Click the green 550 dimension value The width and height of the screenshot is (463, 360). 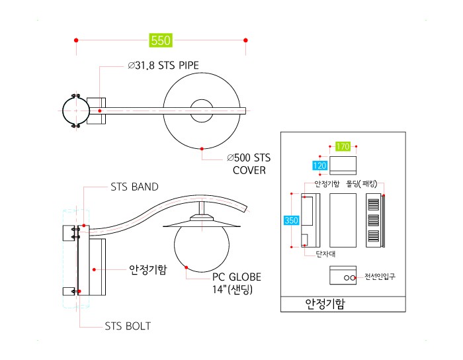pos(161,40)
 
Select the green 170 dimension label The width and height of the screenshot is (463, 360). pos(343,146)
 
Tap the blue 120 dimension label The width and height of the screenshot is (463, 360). pos(319,165)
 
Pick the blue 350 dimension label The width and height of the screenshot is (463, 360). pos(292,220)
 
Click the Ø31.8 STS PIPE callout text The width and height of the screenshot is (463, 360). pos(163,66)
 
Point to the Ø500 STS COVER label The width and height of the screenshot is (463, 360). pos(249,164)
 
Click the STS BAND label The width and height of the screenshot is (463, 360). pos(134,187)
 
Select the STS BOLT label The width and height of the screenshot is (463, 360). pos(128,326)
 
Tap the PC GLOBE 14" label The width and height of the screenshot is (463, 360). pos(237,283)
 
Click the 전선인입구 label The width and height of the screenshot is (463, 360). pos(380,277)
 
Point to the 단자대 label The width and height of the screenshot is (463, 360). pos(325,254)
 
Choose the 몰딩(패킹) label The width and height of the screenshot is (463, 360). pos(362,184)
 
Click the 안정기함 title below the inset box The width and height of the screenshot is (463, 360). pos(325,304)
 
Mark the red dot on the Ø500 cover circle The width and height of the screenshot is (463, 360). pos(202,148)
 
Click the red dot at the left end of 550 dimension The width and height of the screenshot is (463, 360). pos(76,40)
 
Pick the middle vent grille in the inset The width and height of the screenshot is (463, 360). pos(374,220)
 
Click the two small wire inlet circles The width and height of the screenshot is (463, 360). pos(350,278)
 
